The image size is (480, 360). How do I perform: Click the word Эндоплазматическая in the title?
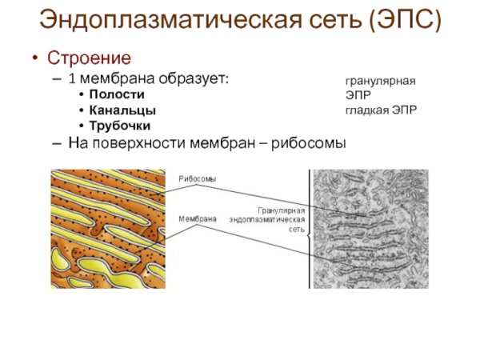click(x=165, y=19)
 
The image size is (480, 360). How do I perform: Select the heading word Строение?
click(x=89, y=58)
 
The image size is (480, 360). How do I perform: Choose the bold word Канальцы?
click(x=122, y=110)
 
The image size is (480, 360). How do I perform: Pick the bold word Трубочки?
click(x=120, y=126)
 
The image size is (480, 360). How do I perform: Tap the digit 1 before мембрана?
click(x=72, y=79)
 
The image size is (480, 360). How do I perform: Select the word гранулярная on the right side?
click(x=380, y=81)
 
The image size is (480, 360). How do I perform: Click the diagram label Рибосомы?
click(x=197, y=178)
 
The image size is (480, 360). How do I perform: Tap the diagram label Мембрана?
click(x=197, y=217)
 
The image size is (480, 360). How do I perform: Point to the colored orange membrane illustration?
click(x=108, y=228)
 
